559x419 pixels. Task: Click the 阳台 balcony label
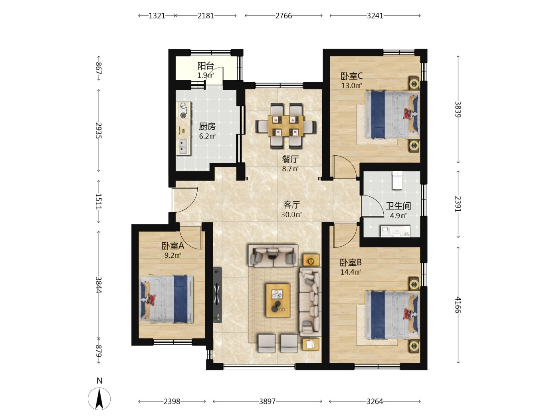(x=206, y=66)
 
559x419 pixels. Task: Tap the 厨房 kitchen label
(x=207, y=126)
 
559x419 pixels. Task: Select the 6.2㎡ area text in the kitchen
(x=207, y=136)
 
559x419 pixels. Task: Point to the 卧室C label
(x=351, y=76)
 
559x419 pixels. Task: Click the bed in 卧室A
(x=167, y=299)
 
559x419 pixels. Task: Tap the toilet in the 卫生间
(x=398, y=180)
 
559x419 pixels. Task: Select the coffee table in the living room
(x=278, y=300)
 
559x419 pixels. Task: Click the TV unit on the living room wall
(x=217, y=295)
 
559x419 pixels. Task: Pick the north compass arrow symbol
(x=99, y=398)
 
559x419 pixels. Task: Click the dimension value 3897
(x=267, y=401)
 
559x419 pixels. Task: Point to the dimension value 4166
(x=458, y=305)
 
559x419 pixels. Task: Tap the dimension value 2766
(x=283, y=16)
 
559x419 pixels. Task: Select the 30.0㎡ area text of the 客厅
(x=291, y=215)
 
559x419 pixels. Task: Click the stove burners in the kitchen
(x=183, y=111)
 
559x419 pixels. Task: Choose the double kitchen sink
(x=183, y=146)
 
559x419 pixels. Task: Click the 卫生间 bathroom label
(x=398, y=206)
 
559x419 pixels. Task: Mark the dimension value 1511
(x=99, y=202)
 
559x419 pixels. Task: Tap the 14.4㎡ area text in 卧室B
(x=351, y=273)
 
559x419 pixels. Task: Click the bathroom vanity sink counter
(x=395, y=231)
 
